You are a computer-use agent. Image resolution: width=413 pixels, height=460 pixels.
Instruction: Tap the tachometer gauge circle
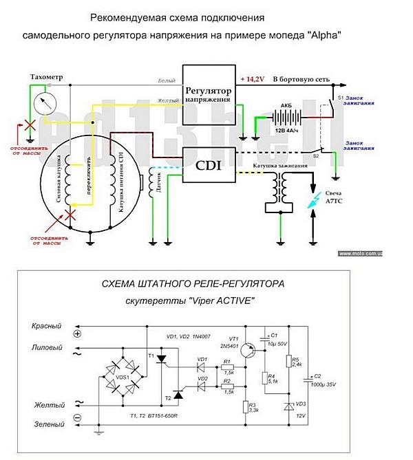(x=43, y=105)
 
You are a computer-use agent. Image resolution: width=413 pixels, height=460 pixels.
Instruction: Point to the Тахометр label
(x=46, y=78)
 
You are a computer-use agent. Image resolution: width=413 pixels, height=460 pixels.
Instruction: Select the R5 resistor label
(x=296, y=360)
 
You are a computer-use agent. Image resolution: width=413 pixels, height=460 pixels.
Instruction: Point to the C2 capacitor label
(x=317, y=376)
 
